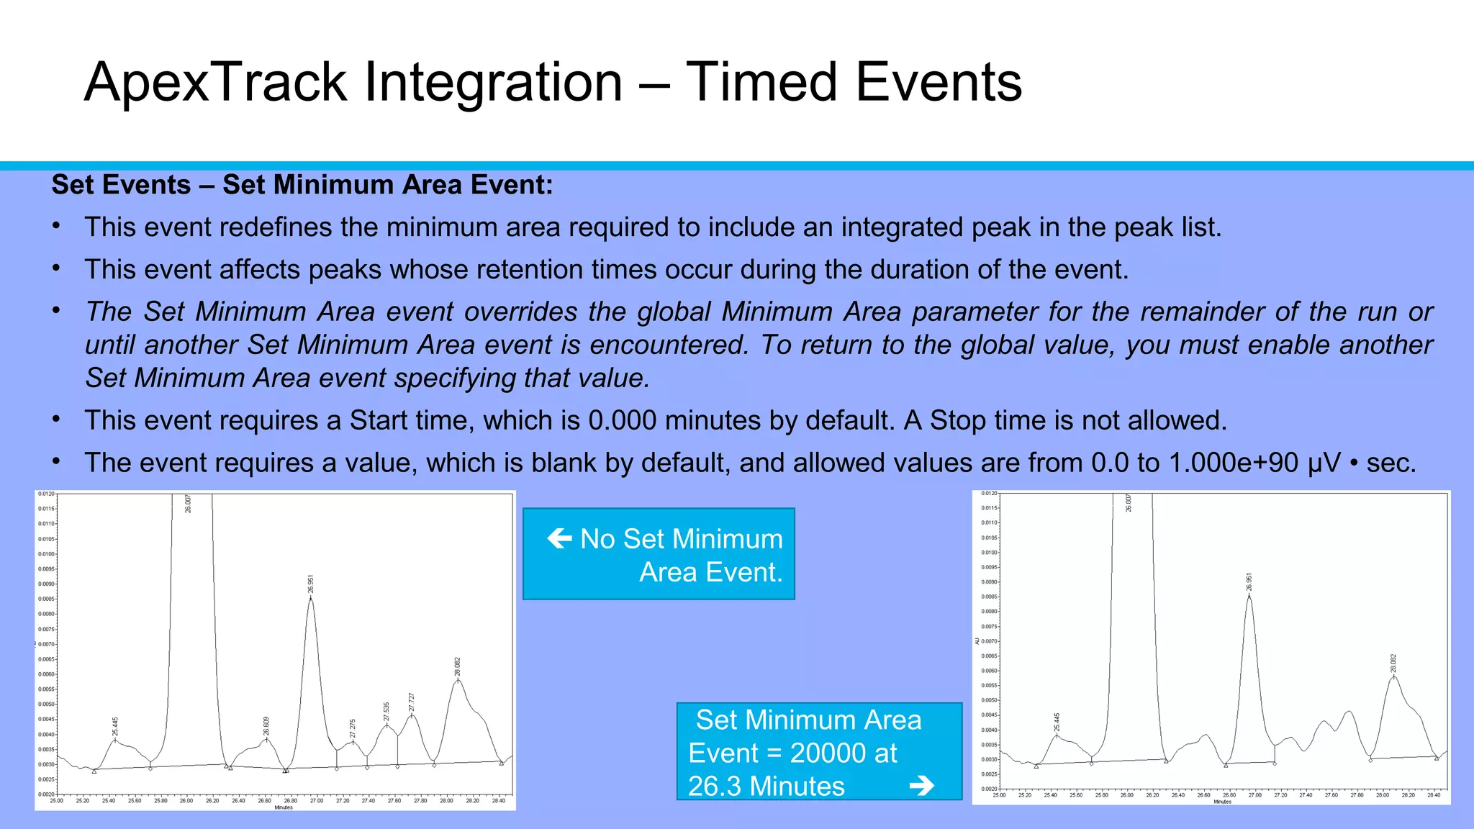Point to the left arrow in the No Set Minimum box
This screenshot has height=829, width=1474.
(559, 538)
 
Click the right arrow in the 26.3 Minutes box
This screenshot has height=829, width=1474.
(922, 786)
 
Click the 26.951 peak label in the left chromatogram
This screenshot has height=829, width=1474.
(311, 584)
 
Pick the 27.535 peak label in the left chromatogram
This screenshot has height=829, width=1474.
(386, 711)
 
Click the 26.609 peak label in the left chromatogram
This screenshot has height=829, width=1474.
(266, 725)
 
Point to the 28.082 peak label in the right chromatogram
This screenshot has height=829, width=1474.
(1393, 663)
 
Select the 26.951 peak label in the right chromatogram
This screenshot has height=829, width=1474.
(1249, 581)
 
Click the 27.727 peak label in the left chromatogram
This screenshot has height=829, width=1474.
(412, 702)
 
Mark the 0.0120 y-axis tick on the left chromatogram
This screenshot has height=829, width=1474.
(45, 494)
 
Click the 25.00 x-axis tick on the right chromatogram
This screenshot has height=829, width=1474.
(999, 795)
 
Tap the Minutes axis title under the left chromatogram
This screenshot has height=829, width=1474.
(284, 807)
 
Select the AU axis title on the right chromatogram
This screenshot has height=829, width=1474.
(977, 640)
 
